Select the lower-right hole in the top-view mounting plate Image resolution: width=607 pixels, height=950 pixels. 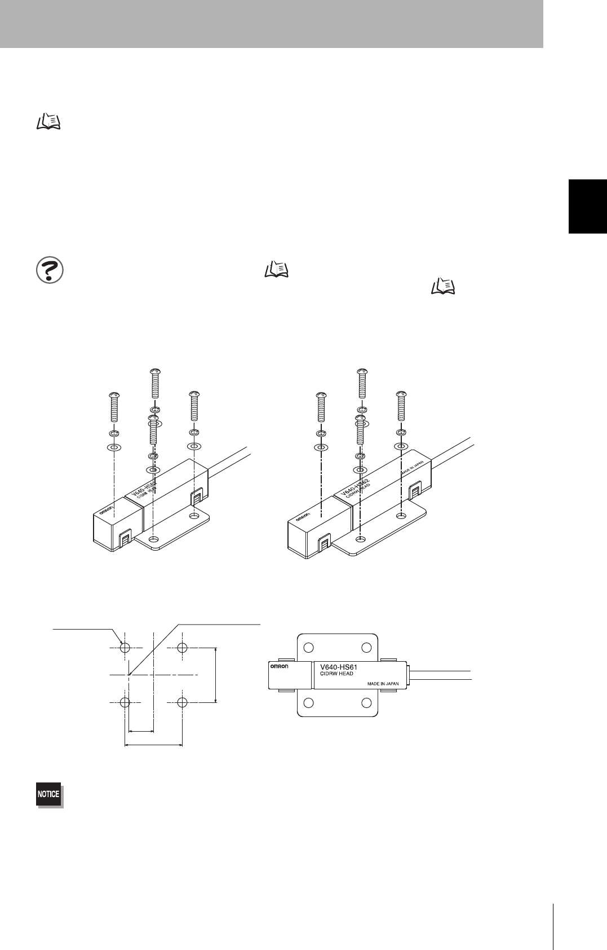(x=366, y=702)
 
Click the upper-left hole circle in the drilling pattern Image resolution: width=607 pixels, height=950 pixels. (x=125, y=646)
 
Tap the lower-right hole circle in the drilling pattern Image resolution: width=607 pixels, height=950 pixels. (x=181, y=702)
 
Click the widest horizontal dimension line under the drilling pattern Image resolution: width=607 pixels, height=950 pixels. (x=153, y=745)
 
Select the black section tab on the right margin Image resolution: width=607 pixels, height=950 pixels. (x=587, y=206)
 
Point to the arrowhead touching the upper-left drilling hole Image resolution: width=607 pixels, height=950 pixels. (x=121, y=641)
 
